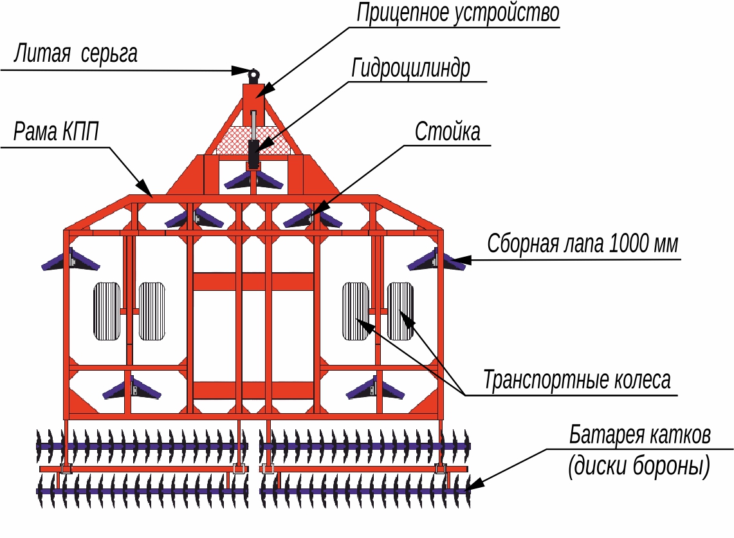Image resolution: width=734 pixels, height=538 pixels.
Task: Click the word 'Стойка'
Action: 447,131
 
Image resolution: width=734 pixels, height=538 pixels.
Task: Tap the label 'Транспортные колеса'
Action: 576,379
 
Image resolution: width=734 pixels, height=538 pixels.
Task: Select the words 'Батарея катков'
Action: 639,435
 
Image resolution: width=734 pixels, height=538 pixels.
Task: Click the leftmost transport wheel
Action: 107,311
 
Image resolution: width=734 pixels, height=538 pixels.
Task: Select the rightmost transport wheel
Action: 399,311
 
